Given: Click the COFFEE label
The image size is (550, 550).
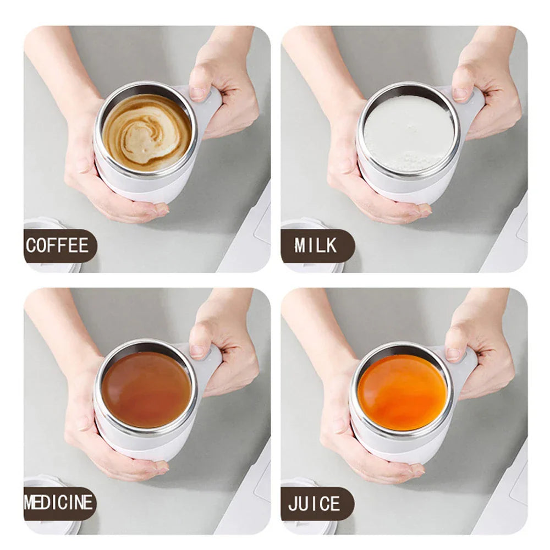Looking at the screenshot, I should coord(58,245).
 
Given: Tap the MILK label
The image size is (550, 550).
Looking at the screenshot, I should coord(316,245).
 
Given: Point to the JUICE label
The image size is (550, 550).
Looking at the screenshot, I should coord(315,503).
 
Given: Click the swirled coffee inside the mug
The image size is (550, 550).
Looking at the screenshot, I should coord(147,132).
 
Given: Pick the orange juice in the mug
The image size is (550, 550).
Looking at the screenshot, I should coord(402,392).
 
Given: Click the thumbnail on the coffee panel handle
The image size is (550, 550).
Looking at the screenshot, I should coord(198,93).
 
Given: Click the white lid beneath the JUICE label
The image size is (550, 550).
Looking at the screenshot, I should coord(308,525).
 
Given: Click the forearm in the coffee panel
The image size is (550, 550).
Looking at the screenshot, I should coord(55,66).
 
